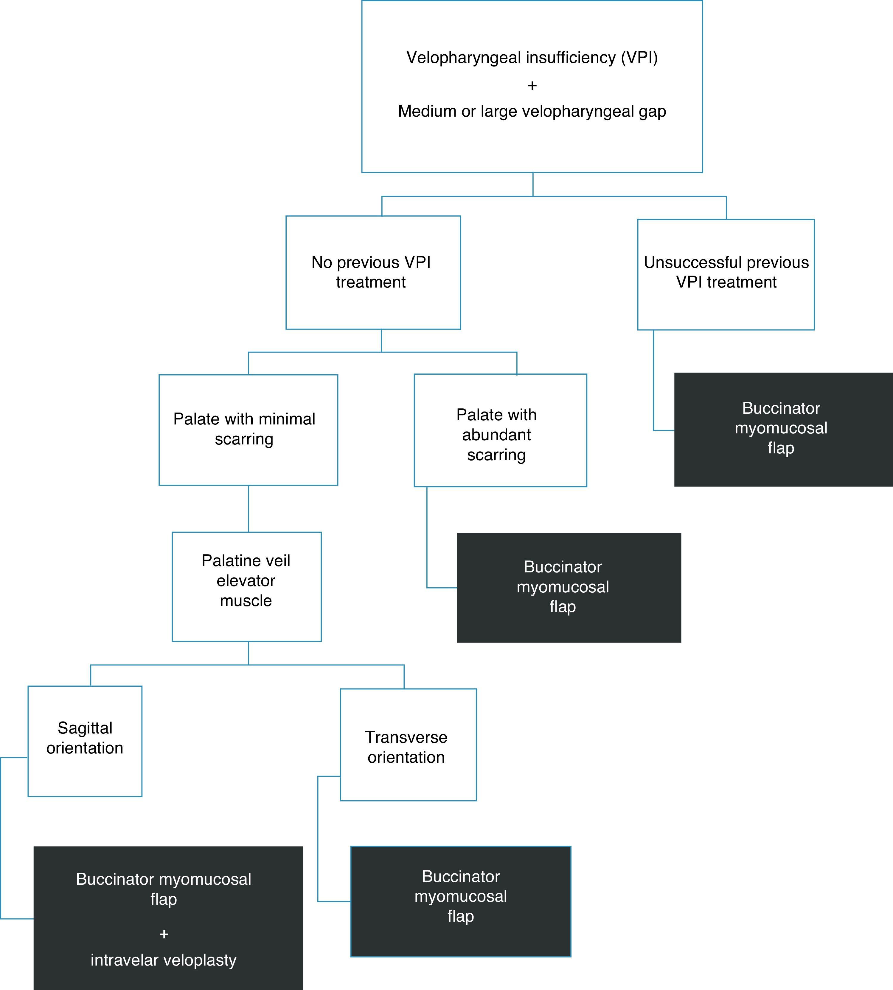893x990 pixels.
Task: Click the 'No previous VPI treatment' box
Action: click(373, 273)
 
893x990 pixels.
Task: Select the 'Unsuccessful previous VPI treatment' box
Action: click(726, 274)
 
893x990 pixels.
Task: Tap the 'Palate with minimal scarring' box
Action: click(248, 430)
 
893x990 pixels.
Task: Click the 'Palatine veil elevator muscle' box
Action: click(246, 586)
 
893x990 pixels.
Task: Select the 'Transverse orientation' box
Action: click(408, 745)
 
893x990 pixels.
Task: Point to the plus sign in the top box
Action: click(532, 85)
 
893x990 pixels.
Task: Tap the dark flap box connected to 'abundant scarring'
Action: click(569, 587)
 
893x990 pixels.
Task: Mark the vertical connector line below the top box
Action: click(533, 184)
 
